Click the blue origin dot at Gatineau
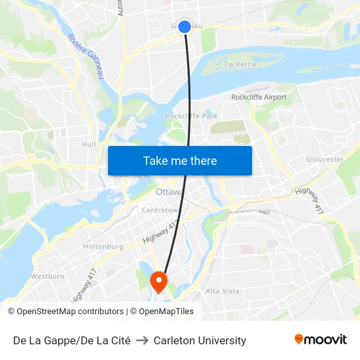pos(185,26)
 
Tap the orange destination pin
pos(159,281)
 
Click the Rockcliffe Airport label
pos(259,98)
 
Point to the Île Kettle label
pos(240,65)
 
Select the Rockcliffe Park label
pos(191,116)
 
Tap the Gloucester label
pos(325,159)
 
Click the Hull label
pos(89,144)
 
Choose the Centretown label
pos(161,210)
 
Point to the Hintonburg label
pos(103,247)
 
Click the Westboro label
pos(47,276)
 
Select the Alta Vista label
pos(223,291)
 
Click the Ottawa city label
pos(170,192)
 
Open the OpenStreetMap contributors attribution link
pos(70,312)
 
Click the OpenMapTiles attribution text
pos(165,312)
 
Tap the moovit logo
pos(320,340)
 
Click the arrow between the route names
pos(142,340)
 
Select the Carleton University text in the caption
pos(200,340)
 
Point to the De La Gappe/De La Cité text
pos(71,340)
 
